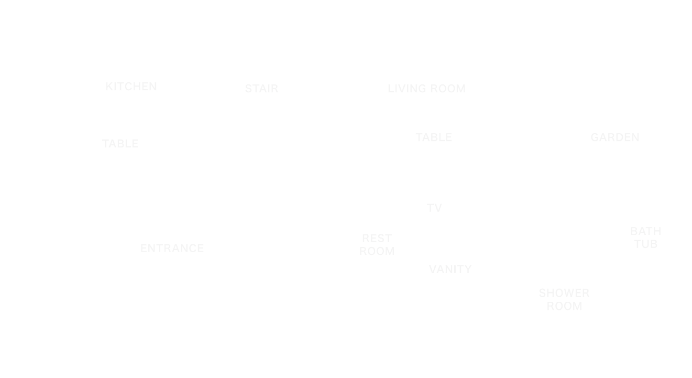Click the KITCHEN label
pyautogui.click(x=131, y=87)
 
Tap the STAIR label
pyautogui.click(x=262, y=89)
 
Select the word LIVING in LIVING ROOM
pyautogui.click(x=407, y=89)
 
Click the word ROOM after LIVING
pyautogui.click(x=448, y=89)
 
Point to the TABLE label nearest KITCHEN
pyautogui.click(x=120, y=144)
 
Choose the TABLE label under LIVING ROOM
pyautogui.click(x=434, y=137)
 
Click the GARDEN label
pyautogui.click(x=615, y=137)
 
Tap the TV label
pyautogui.click(x=434, y=208)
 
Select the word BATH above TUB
pyautogui.click(x=646, y=231)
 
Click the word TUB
pyautogui.click(x=646, y=244)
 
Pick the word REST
pyautogui.click(x=377, y=239)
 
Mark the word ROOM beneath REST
pyautogui.click(x=377, y=251)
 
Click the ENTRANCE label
pyautogui.click(x=172, y=248)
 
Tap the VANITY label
pyautogui.click(x=451, y=269)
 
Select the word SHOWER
pyautogui.click(x=564, y=293)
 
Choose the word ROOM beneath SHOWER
pyautogui.click(x=564, y=306)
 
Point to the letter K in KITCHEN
pyautogui.click(x=109, y=87)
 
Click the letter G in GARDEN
pyautogui.click(x=595, y=137)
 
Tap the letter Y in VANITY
pyautogui.click(x=468, y=269)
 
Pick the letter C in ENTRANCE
pyautogui.click(x=192, y=248)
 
